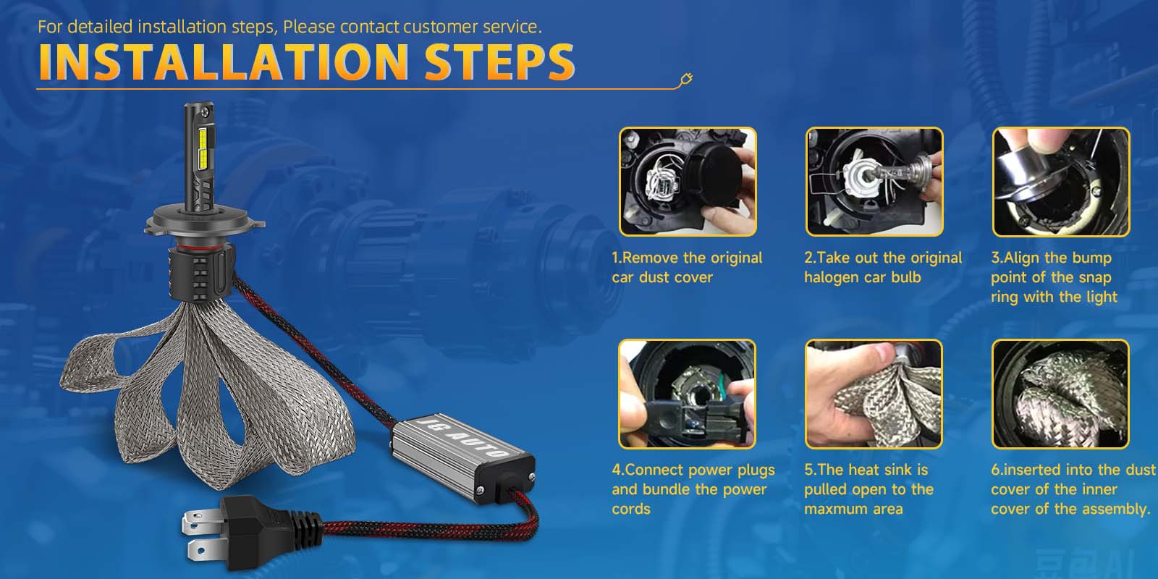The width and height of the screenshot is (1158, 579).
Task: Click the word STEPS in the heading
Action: tap(499, 62)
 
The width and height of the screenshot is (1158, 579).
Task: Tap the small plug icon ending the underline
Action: tap(685, 80)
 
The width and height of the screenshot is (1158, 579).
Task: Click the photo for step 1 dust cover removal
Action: tap(688, 182)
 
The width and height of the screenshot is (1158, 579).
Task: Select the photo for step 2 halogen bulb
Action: tap(874, 182)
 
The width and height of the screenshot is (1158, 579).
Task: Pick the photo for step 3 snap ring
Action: tap(1060, 182)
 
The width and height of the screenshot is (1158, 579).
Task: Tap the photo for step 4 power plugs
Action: tap(687, 394)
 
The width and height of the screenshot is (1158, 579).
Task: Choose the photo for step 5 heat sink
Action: tap(874, 394)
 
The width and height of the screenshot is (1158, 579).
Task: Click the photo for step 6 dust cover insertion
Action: tap(1060, 394)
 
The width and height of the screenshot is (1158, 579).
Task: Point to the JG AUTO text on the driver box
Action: tap(463, 437)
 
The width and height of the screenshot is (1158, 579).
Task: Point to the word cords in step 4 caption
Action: tap(631, 510)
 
